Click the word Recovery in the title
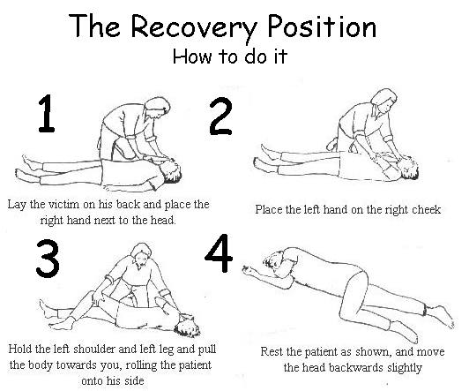tap(194, 28)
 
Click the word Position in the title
tap(322, 26)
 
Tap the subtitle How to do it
tap(230, 56)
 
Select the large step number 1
tap(47, 114)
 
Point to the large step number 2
tap(220, 117)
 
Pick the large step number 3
tap(48, 259)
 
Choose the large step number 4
tap(219, 253)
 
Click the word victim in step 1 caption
tap(63, 205)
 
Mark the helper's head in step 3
tap(141, 254)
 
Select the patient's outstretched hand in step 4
tap(249, 270)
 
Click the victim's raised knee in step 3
tap(89, 295)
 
